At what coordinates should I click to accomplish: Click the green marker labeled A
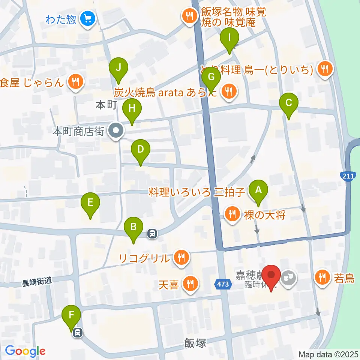pos(258,190)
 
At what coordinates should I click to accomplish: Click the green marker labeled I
pos(229,38)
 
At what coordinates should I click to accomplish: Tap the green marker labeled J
pos(118,68)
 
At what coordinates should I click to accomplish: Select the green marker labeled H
pos(132,109)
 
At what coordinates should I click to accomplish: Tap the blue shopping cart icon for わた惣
pos(88,18)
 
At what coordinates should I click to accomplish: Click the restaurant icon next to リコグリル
pos(181,258)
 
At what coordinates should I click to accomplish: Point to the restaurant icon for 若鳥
pos(322,278)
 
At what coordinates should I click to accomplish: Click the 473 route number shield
pos(222,284)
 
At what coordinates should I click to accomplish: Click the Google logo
pos(25,351)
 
